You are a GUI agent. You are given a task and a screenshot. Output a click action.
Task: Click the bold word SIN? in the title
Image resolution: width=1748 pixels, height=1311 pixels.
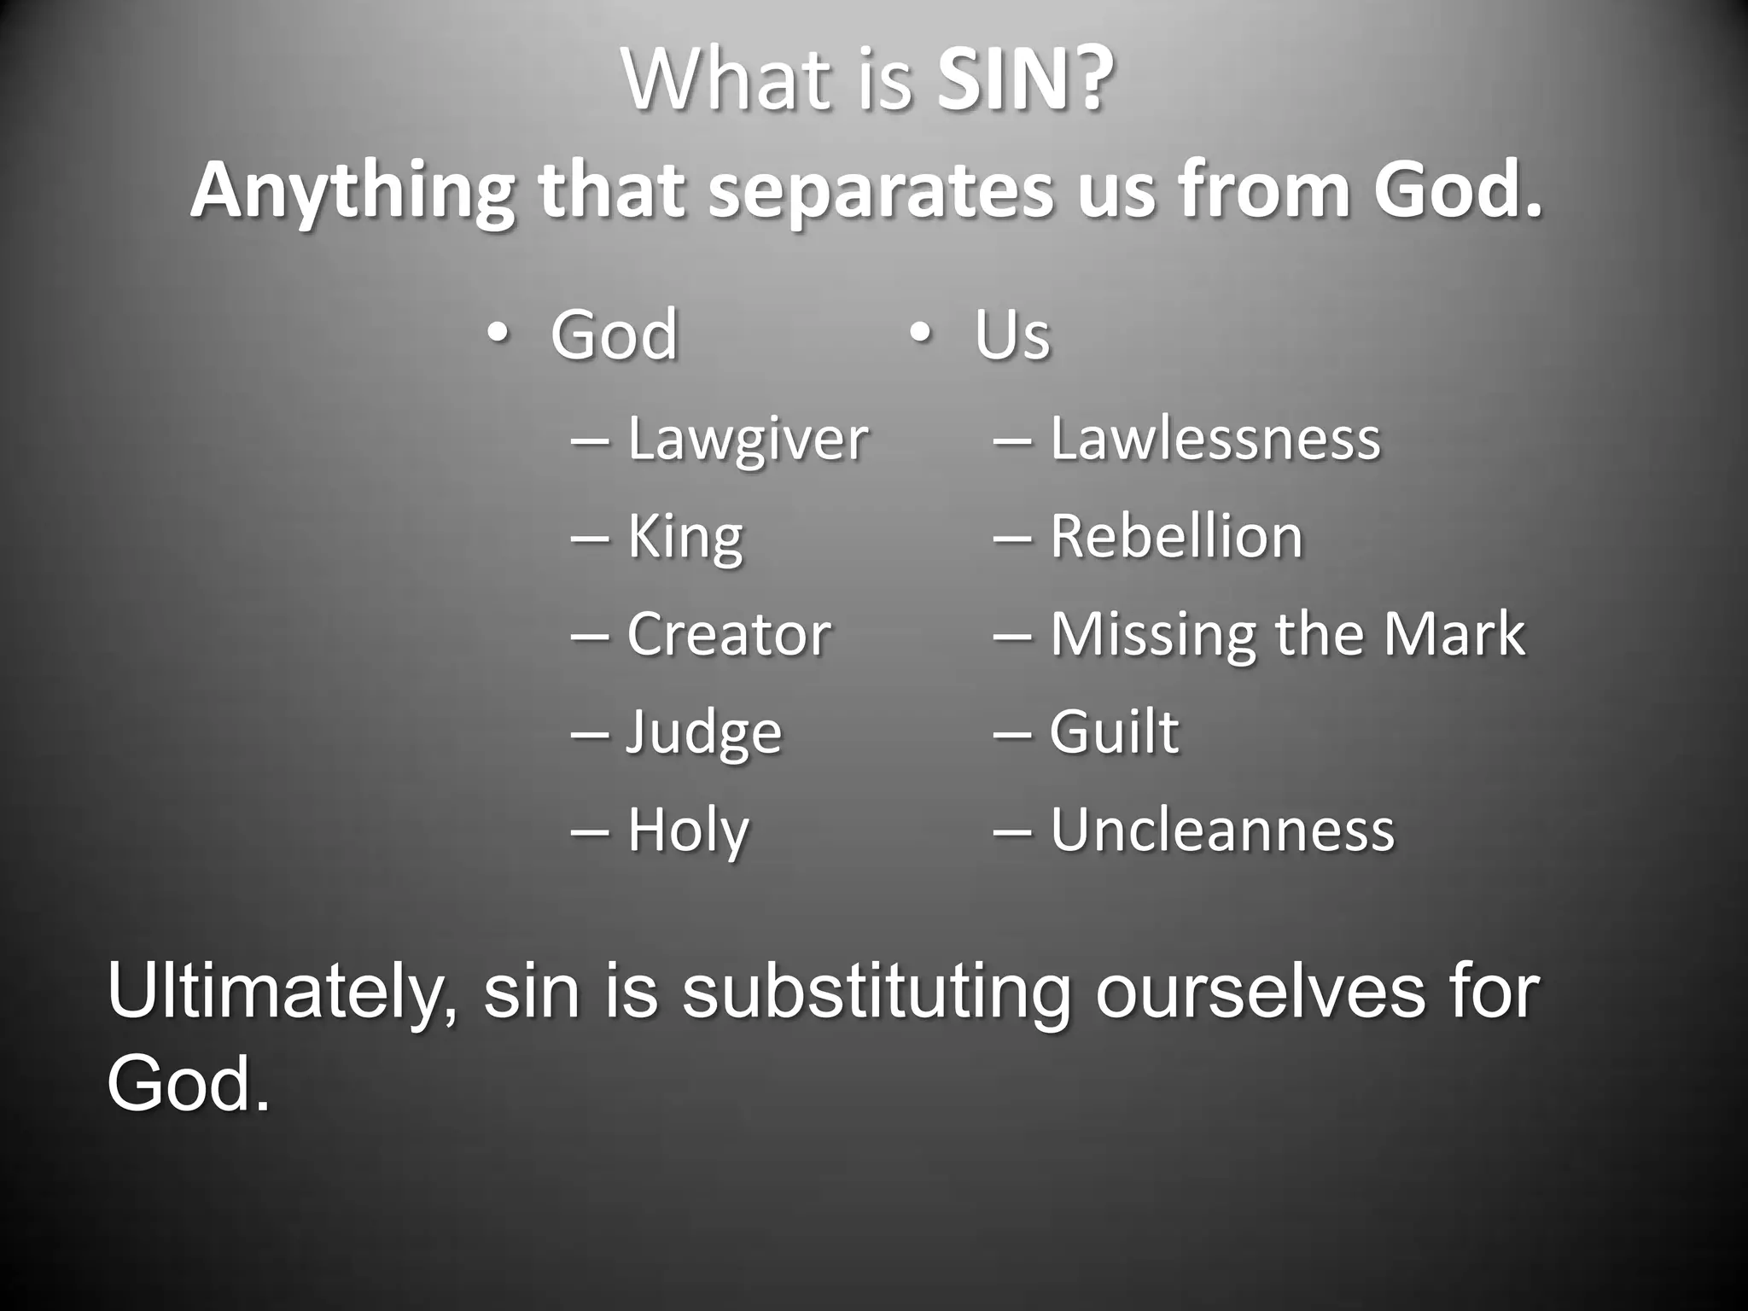pos(1024,81)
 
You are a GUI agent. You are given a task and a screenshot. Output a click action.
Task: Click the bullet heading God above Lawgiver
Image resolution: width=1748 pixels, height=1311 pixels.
pos(614,335)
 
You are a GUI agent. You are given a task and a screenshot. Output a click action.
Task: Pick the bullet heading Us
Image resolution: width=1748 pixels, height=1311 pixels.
pos(1012,335)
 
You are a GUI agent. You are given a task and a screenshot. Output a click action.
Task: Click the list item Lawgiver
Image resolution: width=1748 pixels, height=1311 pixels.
pos(748,440)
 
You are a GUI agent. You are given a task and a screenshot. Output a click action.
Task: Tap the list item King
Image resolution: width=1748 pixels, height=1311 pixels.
pos(685,538)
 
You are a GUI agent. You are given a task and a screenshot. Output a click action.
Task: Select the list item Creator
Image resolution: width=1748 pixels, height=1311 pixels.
pos(729,635)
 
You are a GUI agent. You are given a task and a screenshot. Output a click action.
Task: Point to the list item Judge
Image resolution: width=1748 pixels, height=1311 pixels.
pos(704,733)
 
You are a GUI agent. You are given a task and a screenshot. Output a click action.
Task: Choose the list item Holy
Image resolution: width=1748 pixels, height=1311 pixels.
pos(689,830)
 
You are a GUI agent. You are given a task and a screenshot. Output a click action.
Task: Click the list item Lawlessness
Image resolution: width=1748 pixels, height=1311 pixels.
pos(1215,439)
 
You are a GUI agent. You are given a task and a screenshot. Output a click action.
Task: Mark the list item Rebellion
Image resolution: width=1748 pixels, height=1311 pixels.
pos(1176,537)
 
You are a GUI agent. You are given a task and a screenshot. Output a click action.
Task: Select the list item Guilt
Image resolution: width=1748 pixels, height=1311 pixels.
pos(1114,732)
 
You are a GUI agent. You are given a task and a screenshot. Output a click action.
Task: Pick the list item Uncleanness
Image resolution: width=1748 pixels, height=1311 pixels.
pos(1222,830)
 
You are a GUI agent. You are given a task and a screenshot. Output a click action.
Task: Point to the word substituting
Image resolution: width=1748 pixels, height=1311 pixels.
pos(876,993)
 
